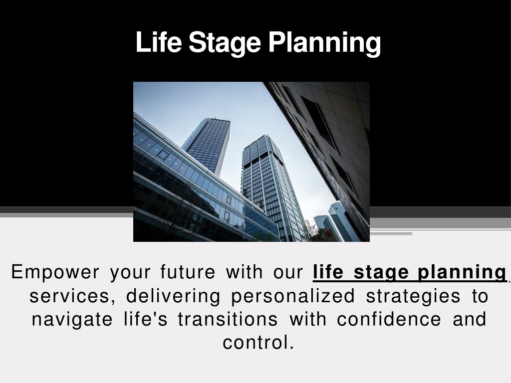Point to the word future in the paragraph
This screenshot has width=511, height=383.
coord(188,272)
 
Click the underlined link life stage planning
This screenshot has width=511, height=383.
coord(410,273)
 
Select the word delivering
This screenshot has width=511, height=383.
coord(173,297)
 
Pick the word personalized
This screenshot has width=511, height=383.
coord(293,297)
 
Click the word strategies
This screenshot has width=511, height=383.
coord(414,297)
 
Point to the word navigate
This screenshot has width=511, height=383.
coord(72,320)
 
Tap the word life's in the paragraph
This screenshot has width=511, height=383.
coord(146,319)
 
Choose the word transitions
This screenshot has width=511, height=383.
coord(228,319)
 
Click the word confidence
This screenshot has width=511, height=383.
coord(389,319)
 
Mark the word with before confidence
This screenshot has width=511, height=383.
coord(307,319)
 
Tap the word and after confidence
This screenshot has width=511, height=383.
coord(469,319)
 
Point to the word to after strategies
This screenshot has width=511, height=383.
coord(480,297)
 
